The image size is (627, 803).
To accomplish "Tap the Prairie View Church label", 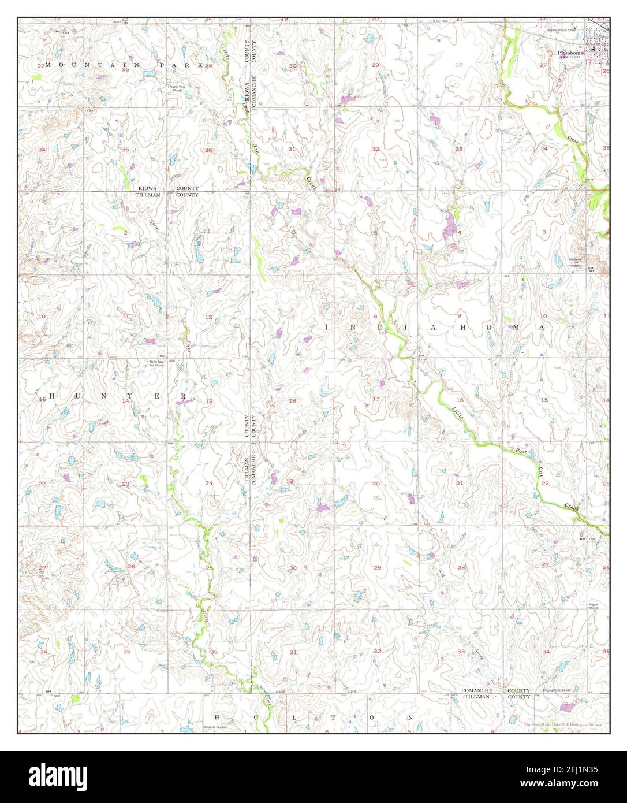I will [x=175, y=88].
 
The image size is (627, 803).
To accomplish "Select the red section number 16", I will [x=460, y=400].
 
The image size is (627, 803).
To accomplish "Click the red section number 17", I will [x=376, y=399].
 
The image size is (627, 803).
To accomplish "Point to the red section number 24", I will [x=208, y=483].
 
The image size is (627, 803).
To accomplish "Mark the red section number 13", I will [x=209, y=401].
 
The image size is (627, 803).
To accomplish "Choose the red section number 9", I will [x=460, y=316].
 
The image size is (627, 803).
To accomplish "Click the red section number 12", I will [x=208, y=317].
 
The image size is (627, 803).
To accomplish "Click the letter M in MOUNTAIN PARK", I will [x=48, y=65].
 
